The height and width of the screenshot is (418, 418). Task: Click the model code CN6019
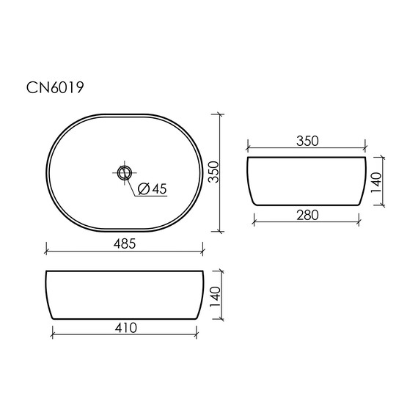click(x=55, y=87)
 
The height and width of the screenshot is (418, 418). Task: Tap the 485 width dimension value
click(x=125, y=243)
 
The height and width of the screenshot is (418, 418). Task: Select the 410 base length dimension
click(x=126, y=328)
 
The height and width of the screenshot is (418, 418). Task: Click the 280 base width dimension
click(x=307, y=215)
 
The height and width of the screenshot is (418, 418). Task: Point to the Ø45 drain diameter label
click(x=153, y=188)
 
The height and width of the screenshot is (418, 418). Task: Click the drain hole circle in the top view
click(x=125, y=172)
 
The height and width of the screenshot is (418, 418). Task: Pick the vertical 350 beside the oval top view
click(x=213, y=172)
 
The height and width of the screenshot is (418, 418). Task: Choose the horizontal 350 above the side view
click(x=307, y=141)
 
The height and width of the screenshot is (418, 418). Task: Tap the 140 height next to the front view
click(x=215, y=297)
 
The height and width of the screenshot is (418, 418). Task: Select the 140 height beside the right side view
click(x=376, y=183)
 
